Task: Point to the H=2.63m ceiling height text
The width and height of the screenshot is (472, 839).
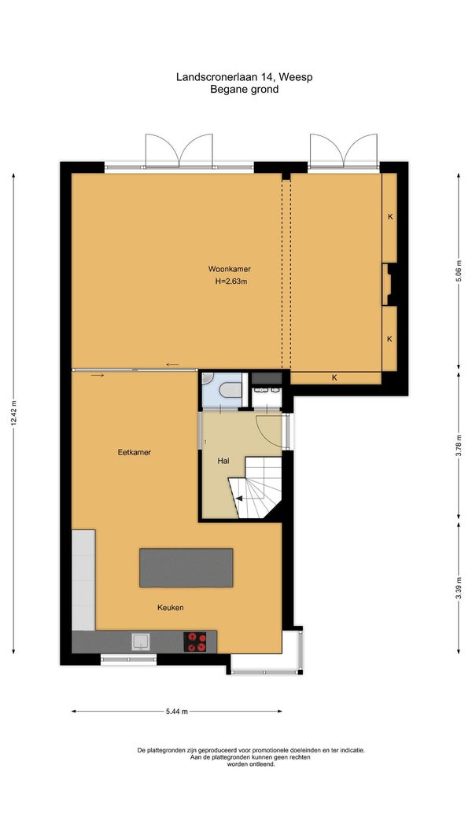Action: [x=231, y=282]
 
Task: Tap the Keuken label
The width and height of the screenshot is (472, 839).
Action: [x=171, y=607]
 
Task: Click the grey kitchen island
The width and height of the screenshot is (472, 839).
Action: [x=186, y=568]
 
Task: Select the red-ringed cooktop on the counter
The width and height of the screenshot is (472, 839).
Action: [x=196, y=642]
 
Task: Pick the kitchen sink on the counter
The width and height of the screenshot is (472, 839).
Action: [x=142, y=642]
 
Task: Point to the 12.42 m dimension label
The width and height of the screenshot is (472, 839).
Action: [x=13, y=414]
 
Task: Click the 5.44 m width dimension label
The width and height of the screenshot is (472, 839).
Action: [x=177, y=712]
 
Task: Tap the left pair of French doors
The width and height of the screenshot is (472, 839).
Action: [x=179, y=150]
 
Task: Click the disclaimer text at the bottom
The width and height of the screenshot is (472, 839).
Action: [x=251, y=756]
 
